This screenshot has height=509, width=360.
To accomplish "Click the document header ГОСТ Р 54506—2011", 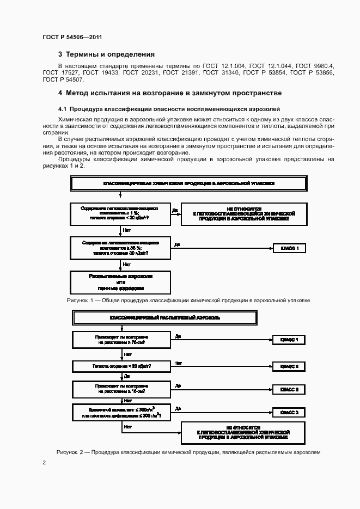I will pos(72,37).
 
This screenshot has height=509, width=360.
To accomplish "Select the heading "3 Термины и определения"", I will pos(106,54).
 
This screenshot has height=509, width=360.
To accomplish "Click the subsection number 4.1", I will pos(62,109).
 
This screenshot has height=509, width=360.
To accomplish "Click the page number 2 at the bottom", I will pos(44,463).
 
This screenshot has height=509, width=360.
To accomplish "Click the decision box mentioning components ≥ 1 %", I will pos(120,213).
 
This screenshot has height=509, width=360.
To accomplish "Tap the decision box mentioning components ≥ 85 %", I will pos(120,248).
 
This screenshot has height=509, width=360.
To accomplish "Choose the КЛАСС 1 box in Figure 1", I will pos(289,248).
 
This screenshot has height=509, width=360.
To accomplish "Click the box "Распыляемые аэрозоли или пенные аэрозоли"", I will pos(120,282).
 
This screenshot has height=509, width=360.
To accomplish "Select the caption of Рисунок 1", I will pos(188,300).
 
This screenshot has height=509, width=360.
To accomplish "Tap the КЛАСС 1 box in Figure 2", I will pos(289,340).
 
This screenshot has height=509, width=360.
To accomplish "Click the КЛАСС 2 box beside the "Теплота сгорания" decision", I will pos(289,366).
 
